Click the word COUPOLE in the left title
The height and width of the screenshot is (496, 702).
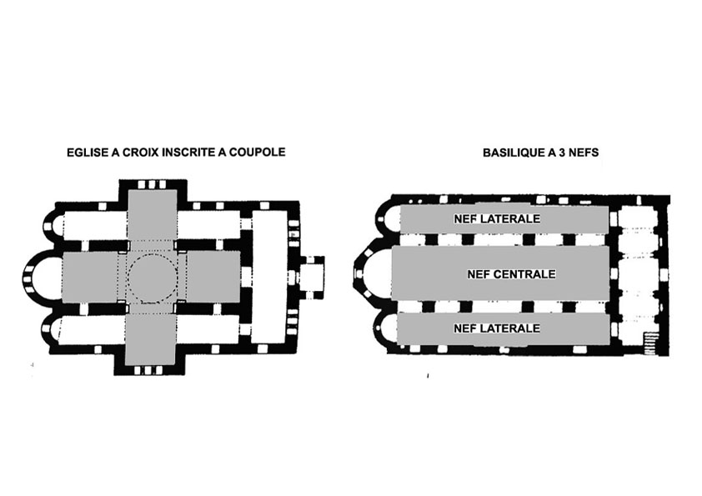(257, 153)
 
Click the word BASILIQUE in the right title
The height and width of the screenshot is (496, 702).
(514, 153)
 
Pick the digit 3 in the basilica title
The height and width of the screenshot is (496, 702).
(562, 153)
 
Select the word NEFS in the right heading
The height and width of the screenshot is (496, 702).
(584, 153)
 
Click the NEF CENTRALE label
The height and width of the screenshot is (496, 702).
(512, 274)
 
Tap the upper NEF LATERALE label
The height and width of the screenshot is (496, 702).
(497, 219)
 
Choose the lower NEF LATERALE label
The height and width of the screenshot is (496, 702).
(497, 328)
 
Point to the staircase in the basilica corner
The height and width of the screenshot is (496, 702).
(649, 343)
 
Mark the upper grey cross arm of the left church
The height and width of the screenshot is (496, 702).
(153, 214)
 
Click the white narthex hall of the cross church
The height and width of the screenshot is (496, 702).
(269, 277)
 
